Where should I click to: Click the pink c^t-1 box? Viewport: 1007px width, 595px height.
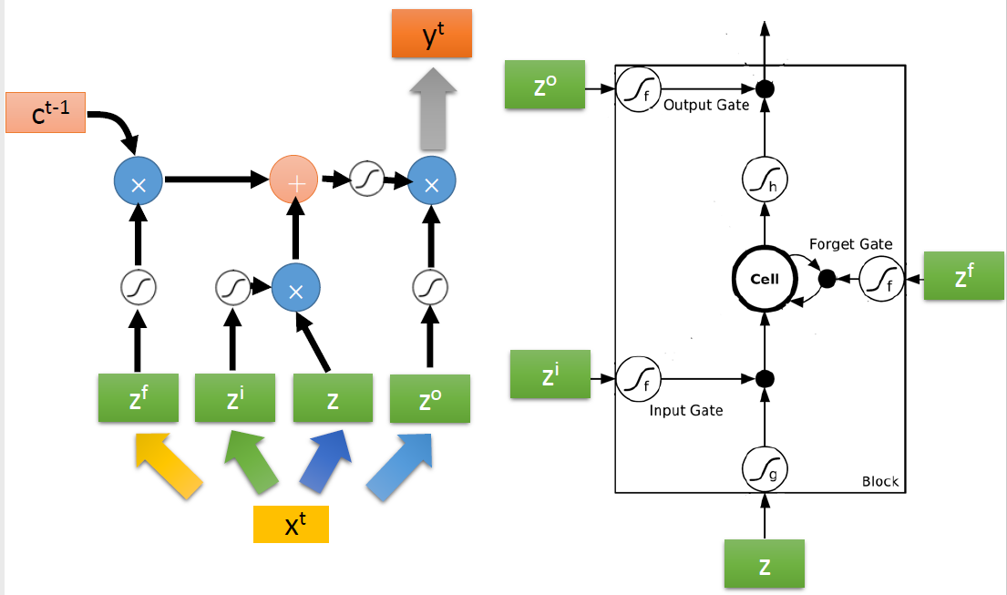point(46,113)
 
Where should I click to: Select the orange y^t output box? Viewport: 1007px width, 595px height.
point(432,36)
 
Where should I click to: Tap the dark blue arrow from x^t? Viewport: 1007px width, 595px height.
point(327,464)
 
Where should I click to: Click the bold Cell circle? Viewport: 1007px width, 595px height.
point(764,279)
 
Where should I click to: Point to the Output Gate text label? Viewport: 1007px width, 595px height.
point(706,106)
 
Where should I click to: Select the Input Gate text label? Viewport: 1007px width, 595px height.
point(686,410)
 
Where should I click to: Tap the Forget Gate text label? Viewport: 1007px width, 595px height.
point(850,244)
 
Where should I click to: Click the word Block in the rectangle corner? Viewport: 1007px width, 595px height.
point(879,481)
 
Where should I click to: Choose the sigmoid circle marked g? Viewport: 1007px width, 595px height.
point(764,470)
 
